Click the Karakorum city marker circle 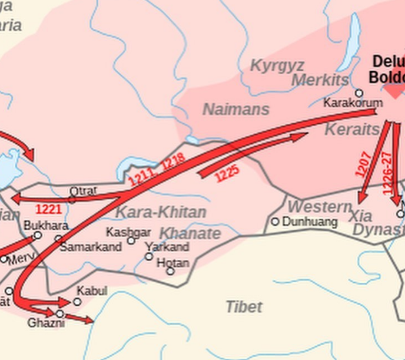359,93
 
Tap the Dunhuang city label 310,222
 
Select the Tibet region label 244,306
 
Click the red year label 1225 227,173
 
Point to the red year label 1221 48,209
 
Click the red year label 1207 363,164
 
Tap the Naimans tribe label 236,110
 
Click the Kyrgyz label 277,65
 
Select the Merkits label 320,81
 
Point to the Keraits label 352,130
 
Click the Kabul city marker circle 77,302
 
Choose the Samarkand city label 91,247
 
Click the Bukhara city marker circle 38,235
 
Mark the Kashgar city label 128,232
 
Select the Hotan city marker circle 170,271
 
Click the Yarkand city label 167,247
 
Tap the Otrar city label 83,191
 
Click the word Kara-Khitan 161,212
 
